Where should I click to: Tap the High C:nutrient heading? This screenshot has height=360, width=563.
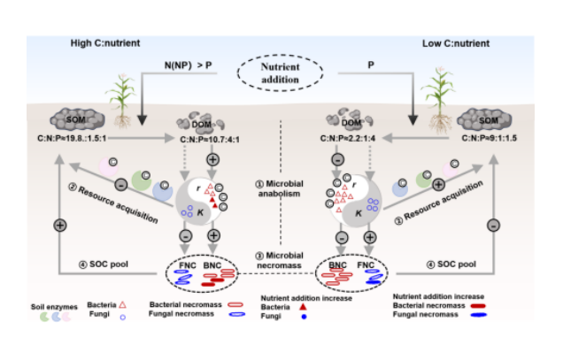click(104, 42)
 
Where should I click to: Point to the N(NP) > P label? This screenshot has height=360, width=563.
click(187, 64)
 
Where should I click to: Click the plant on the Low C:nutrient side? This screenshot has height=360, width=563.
click(435, 97)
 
